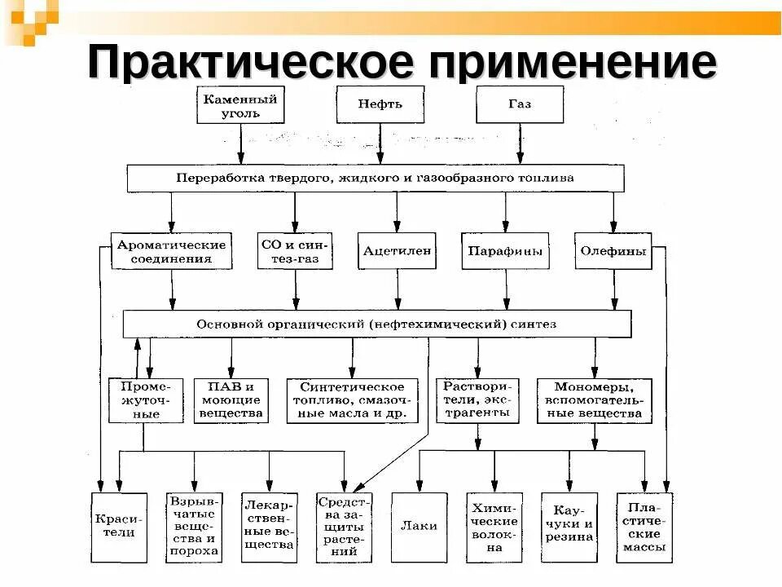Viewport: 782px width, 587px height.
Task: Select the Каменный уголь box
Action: point(240,105)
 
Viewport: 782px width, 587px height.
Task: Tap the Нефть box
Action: point(380,104)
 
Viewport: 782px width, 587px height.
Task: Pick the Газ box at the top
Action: point(520,104)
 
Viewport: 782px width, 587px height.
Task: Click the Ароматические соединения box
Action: point(171,251)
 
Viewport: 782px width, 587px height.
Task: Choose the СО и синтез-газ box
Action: point(295,251)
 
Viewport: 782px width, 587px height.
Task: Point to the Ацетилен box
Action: point(396,251)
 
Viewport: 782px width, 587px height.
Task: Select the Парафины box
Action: point(505,251)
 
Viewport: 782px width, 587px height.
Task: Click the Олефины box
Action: point(613,251)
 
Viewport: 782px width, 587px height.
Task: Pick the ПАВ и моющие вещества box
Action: point(231,399)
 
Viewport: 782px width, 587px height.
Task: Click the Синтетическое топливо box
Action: point(352,400)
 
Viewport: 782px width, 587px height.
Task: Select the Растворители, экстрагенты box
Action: point(477,399)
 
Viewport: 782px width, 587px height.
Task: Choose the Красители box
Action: point(119,527)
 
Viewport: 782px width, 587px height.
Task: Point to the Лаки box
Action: point(420,527)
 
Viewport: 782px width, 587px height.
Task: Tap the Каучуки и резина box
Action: point(569,527)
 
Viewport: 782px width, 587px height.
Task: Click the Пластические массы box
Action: point(644,527)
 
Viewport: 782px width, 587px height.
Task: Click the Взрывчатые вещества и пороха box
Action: point(194,527)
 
